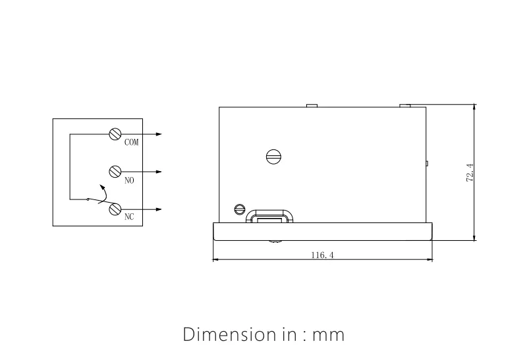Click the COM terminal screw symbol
click(x=115, y=134)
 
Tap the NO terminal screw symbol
click(x=115, y=171)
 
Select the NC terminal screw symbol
click(x=115, y=209)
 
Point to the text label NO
click(x=128, y=180)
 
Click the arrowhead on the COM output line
click(x=159, y=134)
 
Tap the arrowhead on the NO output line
click(x=159, y=172)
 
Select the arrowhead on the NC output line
click(x=159, y=210)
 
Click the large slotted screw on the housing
click(x=273, y=157)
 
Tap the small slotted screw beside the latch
click(x=240, y=210)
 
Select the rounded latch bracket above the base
click(x=270, y=215)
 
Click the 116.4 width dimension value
click(x=323, y=255)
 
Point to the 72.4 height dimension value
click(x=470, y=172)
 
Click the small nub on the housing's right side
click(x=428, y=163)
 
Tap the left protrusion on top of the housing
click(x=313, y=105)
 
